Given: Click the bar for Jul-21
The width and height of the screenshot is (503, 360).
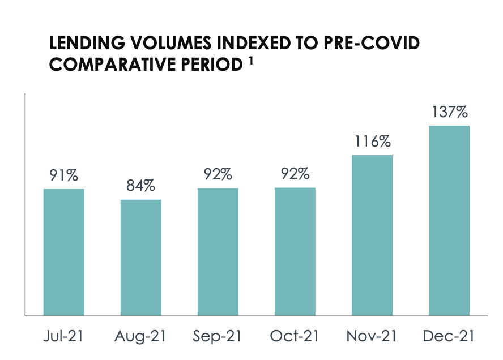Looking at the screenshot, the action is coord(64,252).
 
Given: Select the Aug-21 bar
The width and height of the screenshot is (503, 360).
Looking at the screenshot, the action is coord(141,258).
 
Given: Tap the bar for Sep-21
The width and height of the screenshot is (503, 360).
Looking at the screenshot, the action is coord(218,252).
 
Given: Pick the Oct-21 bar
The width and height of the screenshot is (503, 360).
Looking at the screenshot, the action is coord(295,252).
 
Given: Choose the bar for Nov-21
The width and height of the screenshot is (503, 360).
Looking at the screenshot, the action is coord(372,235).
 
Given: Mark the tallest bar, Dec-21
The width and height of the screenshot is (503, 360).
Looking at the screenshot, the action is coord(449,221).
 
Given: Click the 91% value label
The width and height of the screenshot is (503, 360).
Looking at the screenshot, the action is coord(64,175).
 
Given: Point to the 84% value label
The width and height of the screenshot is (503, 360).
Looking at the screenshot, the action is coord(141,186).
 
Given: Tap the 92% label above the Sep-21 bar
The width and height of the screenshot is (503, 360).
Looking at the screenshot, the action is coord(218,174).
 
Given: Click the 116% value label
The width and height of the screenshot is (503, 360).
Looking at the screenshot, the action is coord(373,142).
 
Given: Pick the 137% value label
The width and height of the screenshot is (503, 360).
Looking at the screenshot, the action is coord(450,112).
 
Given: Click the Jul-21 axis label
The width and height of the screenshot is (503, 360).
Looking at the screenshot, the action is coord(63,336).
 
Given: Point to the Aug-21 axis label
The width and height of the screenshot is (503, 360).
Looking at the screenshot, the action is coord(140,336).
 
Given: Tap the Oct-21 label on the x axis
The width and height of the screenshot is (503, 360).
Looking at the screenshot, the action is coord(295,336).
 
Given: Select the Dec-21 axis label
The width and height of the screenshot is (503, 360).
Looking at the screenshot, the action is coord(449,336).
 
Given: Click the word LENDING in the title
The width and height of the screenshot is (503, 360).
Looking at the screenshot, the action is coord(87,43).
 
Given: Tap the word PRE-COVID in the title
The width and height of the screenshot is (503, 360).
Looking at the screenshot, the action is coord(372,43).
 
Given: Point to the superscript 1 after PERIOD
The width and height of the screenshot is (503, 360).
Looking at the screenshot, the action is coord(251,61).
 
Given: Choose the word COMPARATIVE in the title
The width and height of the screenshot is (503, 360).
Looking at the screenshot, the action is coord(113,65).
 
